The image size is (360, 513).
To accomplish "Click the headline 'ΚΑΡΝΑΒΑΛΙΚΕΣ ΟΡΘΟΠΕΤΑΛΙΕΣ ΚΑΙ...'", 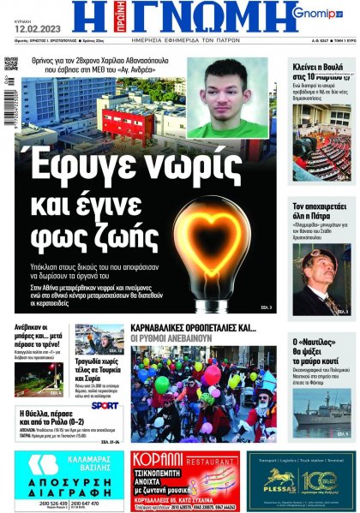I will pyautogui.click(x=193, y=327).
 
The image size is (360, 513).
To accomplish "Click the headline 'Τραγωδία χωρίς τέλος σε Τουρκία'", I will pyautogui.click(x=97, y=367).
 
